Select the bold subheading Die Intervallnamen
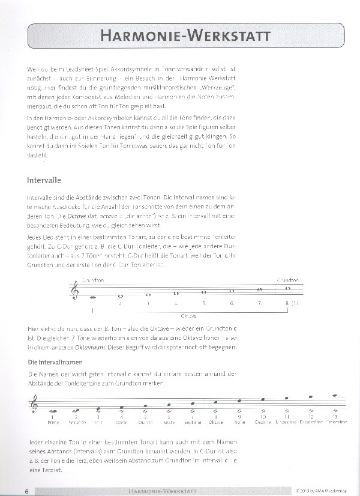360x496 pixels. (x=56, y=363)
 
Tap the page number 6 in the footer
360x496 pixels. (x=28, y=491)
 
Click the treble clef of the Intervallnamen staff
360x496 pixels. (x=34, y=407)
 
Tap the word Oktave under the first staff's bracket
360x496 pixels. (x=188, y=315)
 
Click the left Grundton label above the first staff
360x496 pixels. (x=94, y=280)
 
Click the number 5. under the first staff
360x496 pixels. (x=203, y=303)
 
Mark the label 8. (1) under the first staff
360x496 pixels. (x=292, y=303)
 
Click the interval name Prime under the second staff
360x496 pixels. (x=53, y=423)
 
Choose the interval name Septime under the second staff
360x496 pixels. (x=192, y=423)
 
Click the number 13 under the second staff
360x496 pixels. (x=335, y=417)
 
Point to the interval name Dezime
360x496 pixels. (x=263, y=423)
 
